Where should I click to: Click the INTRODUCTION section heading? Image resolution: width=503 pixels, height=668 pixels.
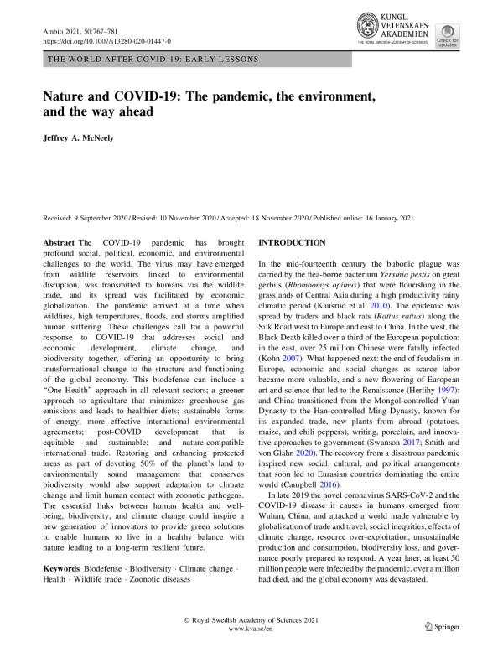click(292, 242)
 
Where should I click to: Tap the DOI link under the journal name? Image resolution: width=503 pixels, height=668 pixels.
click(106, 40)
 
